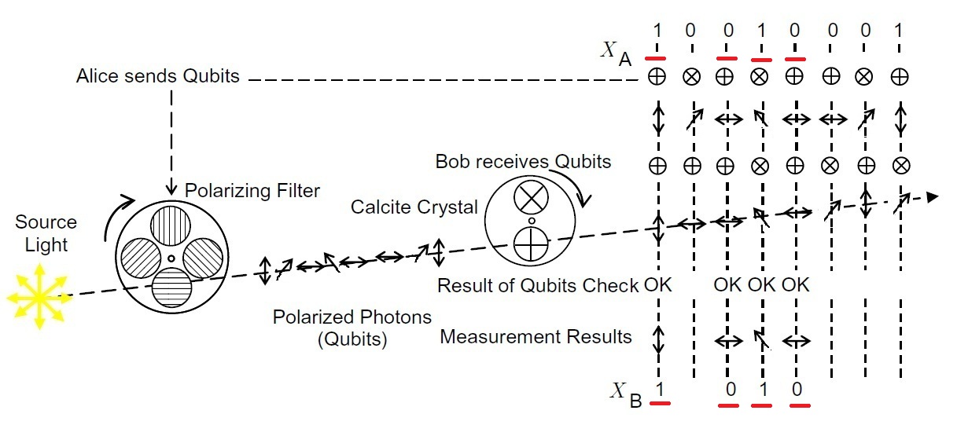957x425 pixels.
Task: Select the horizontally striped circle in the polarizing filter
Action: pyautogui.click(x=171, y=288)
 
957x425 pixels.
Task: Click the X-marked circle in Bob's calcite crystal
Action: pyautogui.click(x=532, y=198)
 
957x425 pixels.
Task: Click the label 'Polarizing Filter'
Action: pyautogui.click(x=252, y=191)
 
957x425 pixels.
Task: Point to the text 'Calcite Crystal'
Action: pyautogui.click(x=414, y=207)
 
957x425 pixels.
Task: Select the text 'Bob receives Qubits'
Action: pyautogui.click(x=523, y=163)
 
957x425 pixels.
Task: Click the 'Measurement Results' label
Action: pyautogui.click(x=536, y=337)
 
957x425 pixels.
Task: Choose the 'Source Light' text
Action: pyautogui.click(x=46, y=233)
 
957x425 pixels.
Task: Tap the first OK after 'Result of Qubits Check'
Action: pyautogui.click(x=658, y=284)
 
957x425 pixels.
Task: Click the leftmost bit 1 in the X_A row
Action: pyautogui.click(x=658, y=31)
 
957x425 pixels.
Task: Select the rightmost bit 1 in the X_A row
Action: pyautogui.click(x=900, y=31)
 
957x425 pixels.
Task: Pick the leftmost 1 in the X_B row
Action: pyautogui.click(x=661, y=389)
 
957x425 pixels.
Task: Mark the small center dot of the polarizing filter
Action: pyautogui.click(x=171, y=257)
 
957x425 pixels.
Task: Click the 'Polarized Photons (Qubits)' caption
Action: pyautogui.click(x=352, y=328)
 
